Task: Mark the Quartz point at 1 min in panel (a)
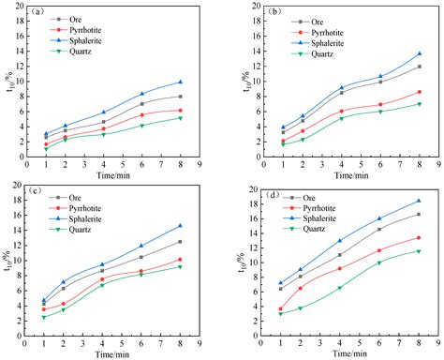45,149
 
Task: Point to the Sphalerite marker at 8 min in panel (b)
419,54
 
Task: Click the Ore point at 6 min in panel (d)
379,229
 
